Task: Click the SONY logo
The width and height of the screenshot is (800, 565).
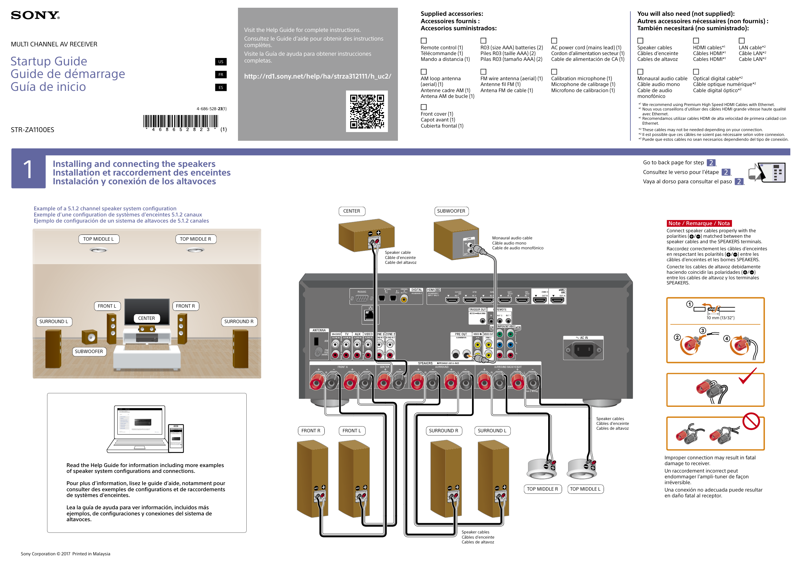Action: point(35,15)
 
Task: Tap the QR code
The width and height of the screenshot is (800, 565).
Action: point(367,111)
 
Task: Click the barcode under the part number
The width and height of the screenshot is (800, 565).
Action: point(181,121)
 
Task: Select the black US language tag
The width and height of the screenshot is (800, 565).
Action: point(221,62)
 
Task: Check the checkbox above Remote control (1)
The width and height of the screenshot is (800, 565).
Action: point(424,41)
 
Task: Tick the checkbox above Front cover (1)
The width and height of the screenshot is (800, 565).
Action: point(424,107)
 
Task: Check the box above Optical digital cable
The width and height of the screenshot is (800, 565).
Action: point(696,72)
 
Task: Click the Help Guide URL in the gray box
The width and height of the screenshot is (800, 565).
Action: point(317,76)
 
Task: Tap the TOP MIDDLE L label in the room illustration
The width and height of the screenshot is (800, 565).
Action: point(99,239)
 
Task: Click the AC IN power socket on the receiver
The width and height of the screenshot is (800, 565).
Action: point(584,350)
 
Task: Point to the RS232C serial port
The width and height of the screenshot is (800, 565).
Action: point(362,298)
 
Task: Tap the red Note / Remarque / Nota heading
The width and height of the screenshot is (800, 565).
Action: point(699,224)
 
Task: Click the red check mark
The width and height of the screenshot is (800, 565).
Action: point(747,376)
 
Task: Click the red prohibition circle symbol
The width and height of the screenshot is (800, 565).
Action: point(751,421)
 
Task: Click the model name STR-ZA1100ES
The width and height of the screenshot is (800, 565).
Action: point(32,130)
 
